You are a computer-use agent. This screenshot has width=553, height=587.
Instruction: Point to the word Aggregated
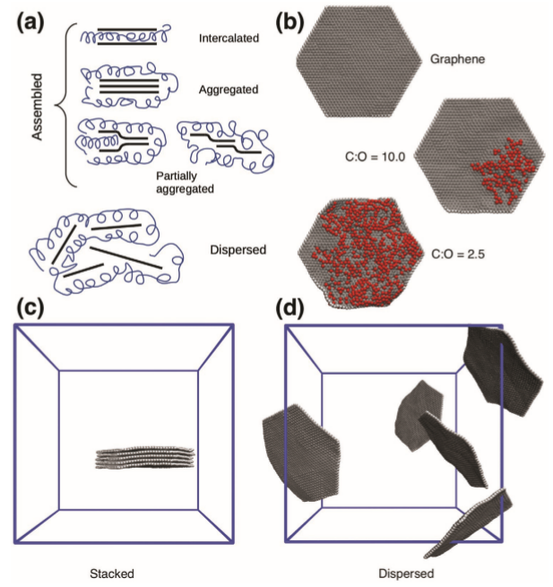point(228,90)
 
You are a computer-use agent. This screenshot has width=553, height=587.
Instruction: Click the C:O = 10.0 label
point(376,157)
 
